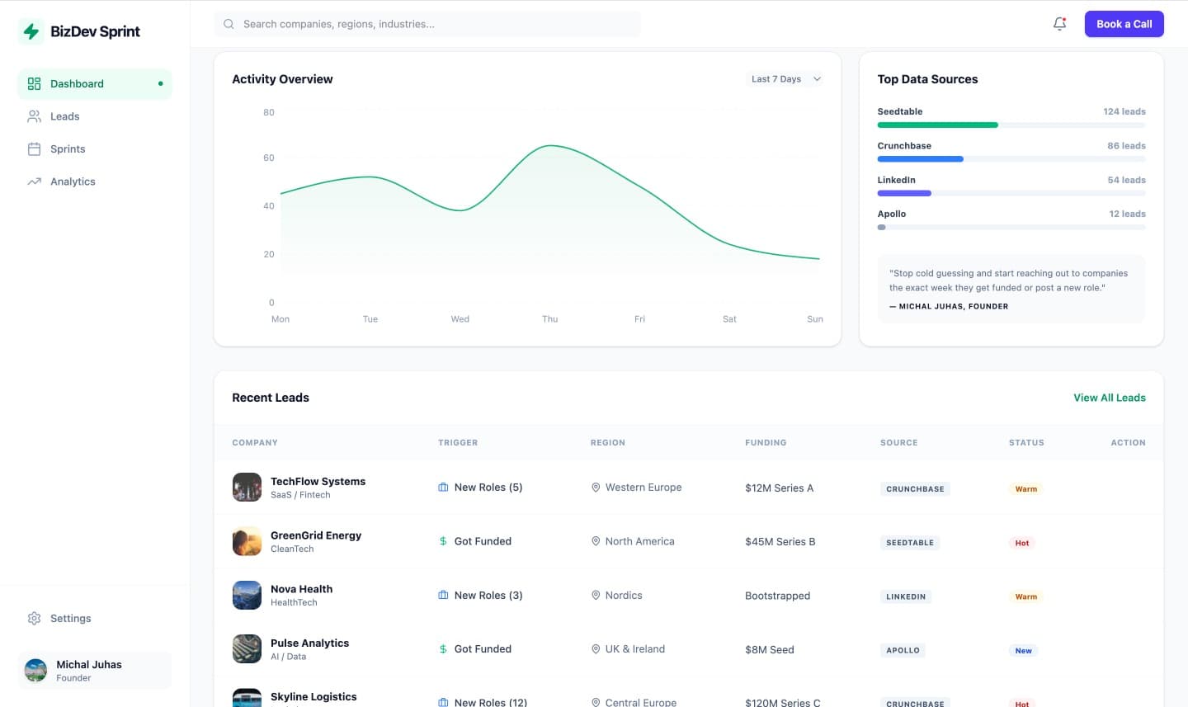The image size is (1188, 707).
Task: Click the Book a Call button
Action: pyautogui.click(x=1124, y=24)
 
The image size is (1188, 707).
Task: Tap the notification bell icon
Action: pyautogui.click(x=1060, y=24)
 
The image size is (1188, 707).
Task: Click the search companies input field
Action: pyautogui.click(x=429, y=24)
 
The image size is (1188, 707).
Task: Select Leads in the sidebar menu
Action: pyautogui.click(x=64, y=116)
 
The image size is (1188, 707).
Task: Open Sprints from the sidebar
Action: pyautogui.click(x=68, y=149)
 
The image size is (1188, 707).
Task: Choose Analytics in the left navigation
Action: pyautogui.click(x=73, y=181)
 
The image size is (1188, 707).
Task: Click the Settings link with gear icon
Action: pyautogui.click(x=70, y=618)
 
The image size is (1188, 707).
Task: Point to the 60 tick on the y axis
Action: pyautogui.click(x=269, y=158)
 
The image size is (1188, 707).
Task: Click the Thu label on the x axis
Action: pyautogui.click(x=549, y=319)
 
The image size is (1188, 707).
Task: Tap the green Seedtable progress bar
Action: pyautogui.click(x=937, y=125)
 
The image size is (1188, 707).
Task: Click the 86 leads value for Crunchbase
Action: pyautogui.click(x=1126, y=146)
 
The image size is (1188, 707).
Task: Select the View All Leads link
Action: pyautogui.click(x=1109, y=398)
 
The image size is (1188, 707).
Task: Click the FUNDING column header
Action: pyautogui.click(x=766, y=443)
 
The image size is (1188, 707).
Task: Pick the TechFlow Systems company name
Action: pyautogui.click(x=318, y=482)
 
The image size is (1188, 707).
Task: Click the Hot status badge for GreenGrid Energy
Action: pyautogui.click(x=1021, y=543)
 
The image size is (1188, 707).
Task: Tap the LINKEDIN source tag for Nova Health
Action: pyautogui.click(x=906, y=596)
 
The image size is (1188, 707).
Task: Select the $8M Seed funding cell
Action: pyautogui.click(x=769, y=650)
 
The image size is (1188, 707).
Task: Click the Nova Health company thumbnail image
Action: pyautogui.click(x=247, y=596)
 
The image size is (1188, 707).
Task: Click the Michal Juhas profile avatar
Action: pyautogui.click(x=35, y=670)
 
